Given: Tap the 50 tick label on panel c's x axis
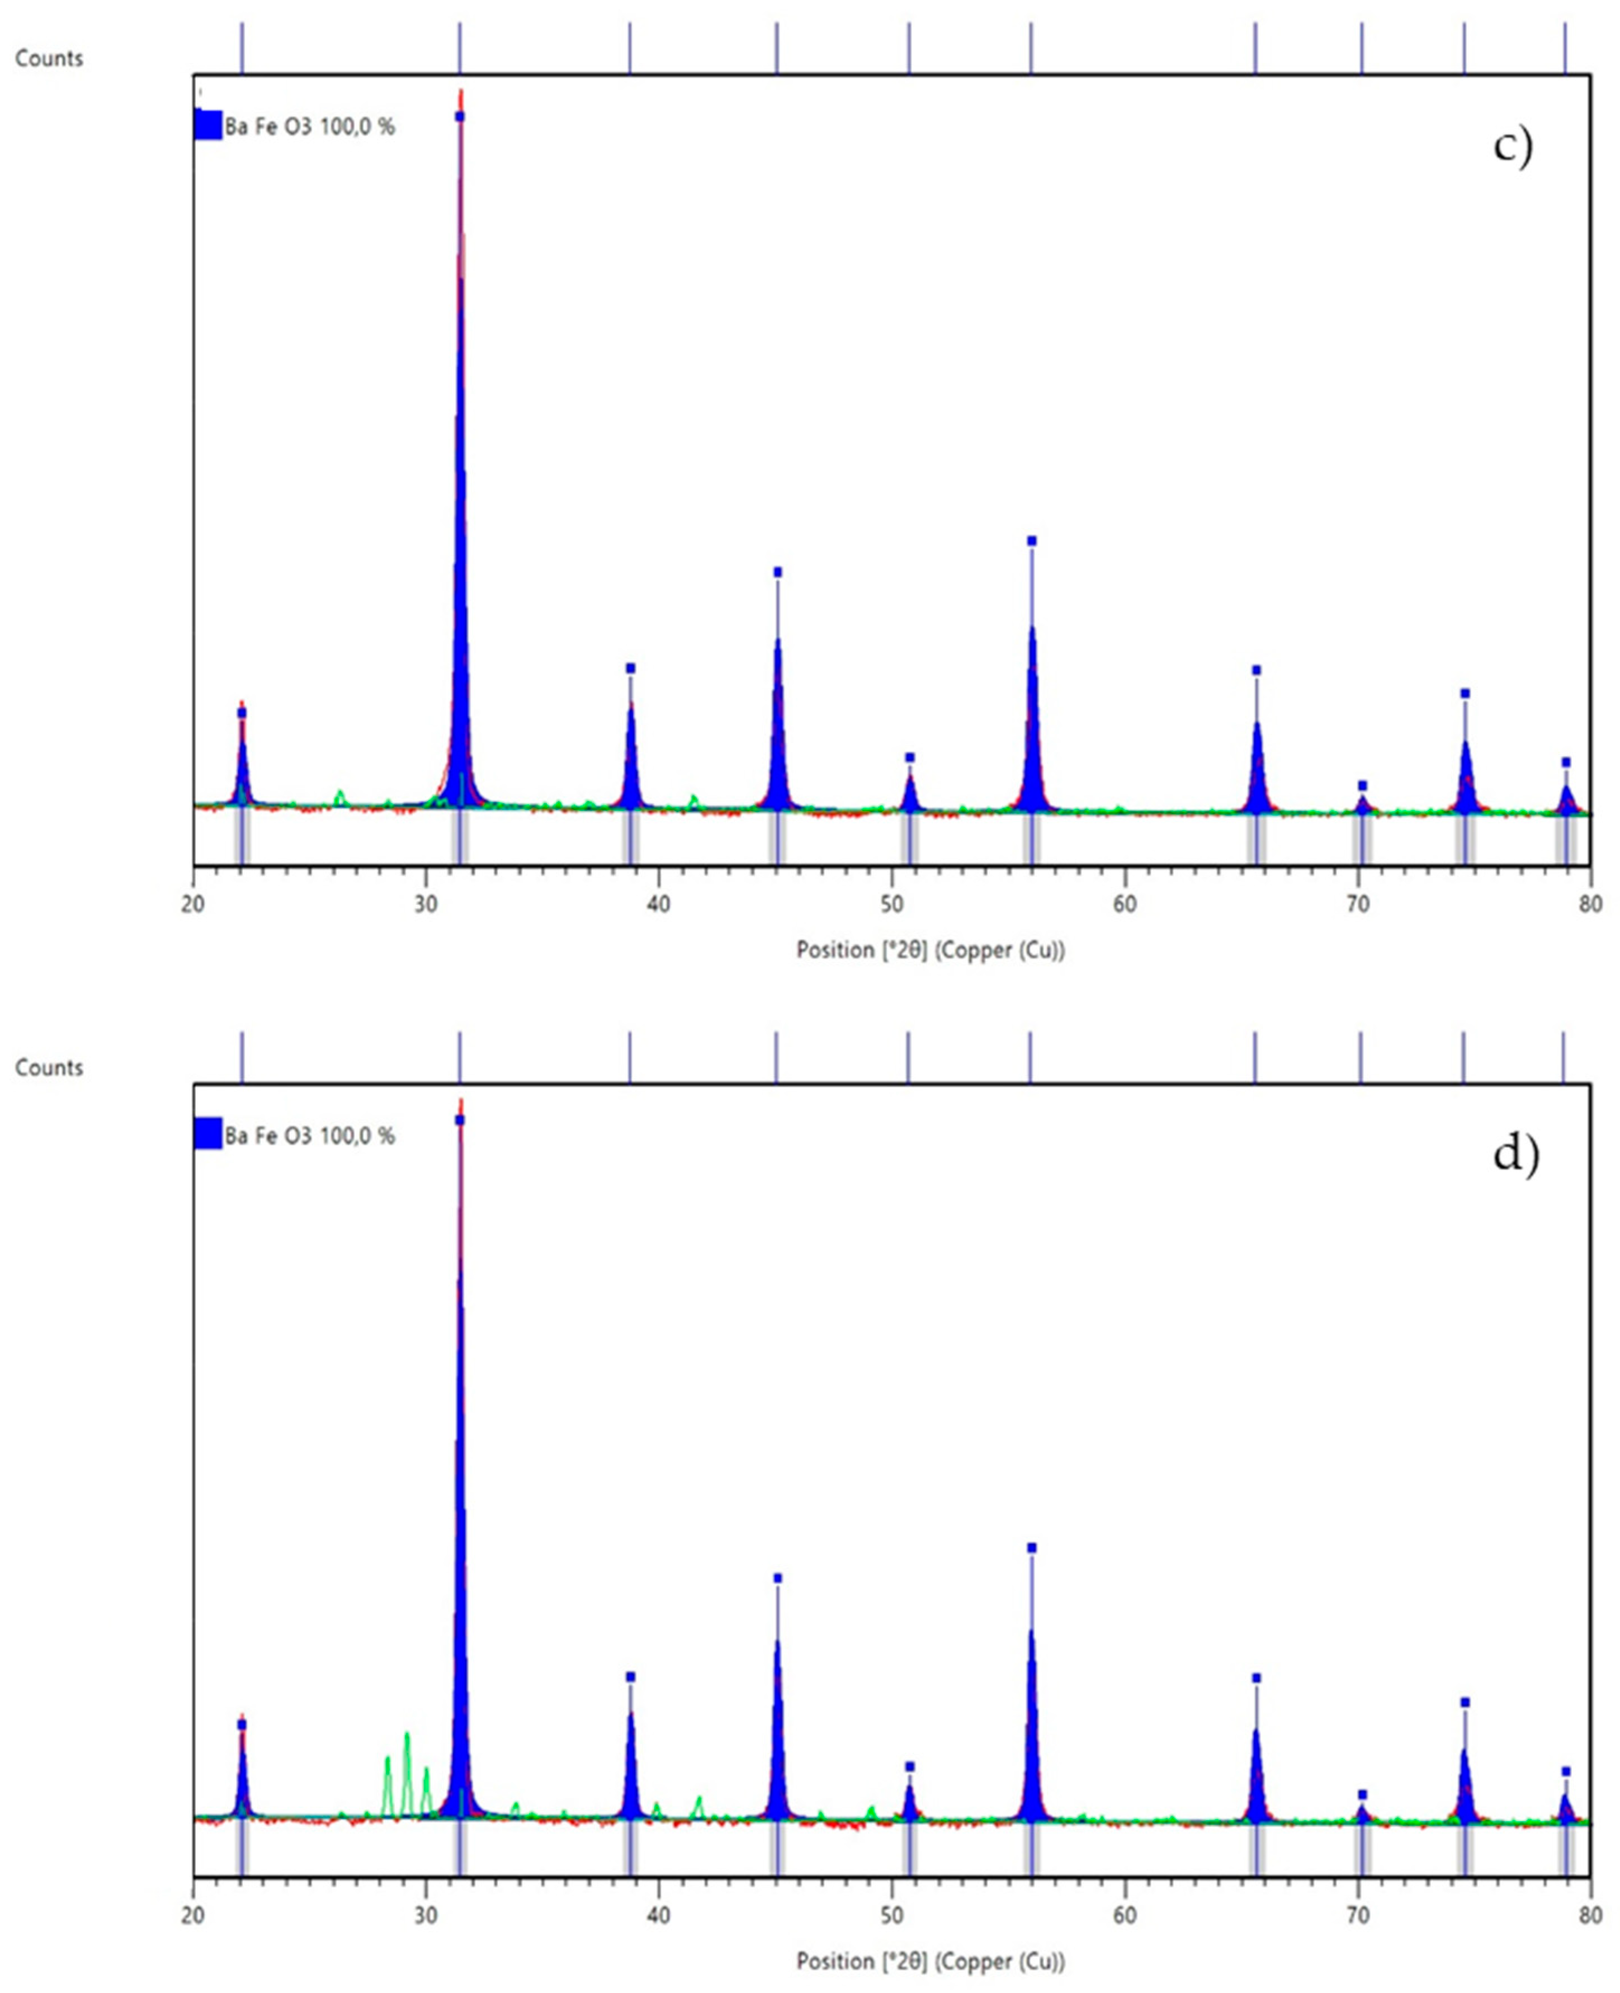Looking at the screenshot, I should tap(891, 903).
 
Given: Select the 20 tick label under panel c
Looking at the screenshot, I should tap(193, 903).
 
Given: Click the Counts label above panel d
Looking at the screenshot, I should tap(49, 1067).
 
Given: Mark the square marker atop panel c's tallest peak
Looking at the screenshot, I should tap(459, 116).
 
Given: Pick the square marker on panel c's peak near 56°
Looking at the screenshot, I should tap(1031, 540).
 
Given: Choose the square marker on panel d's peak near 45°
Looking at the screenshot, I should tap(777, 1577).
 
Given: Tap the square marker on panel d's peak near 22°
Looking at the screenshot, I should tap(242, 1724).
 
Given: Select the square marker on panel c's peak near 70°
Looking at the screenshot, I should tap(1362, 785).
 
